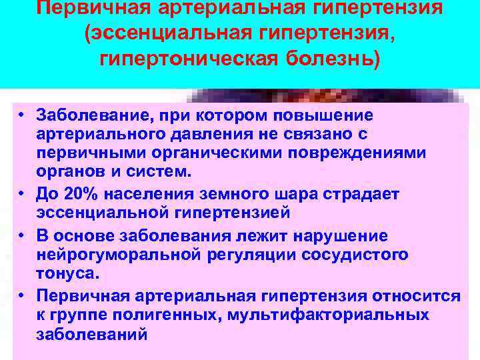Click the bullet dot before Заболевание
[x=22, y=115]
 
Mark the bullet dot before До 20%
[x=22, y=194]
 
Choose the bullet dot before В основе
[x=22, y=236]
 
